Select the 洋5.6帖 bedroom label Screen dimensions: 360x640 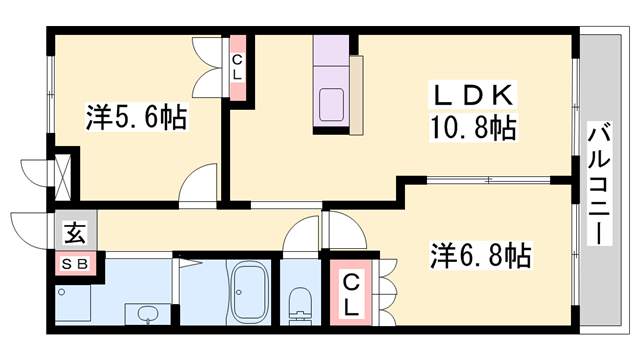[x=135, y=119]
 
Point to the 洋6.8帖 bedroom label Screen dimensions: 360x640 [x=481, y=255]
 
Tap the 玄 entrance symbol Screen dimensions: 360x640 [x=74, y=237]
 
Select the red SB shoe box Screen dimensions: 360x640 [x=75, y=264]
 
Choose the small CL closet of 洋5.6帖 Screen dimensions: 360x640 [x=238, y=67]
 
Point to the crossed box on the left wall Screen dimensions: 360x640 [x=63, y=172]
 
